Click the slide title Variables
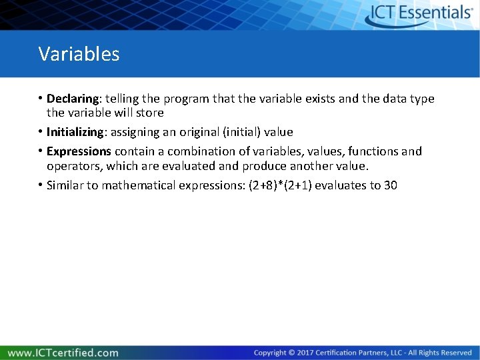(x=79, y=54)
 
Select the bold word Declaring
(x=71, y=99)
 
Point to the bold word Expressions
(x=79, y=151)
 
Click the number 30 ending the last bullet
(x=390, y=185)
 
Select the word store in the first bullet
(x=150, y=113)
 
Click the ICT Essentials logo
(x=421, y=14)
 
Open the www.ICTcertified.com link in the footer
(x=63, y=353)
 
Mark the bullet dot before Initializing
(x=41, y=132)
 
